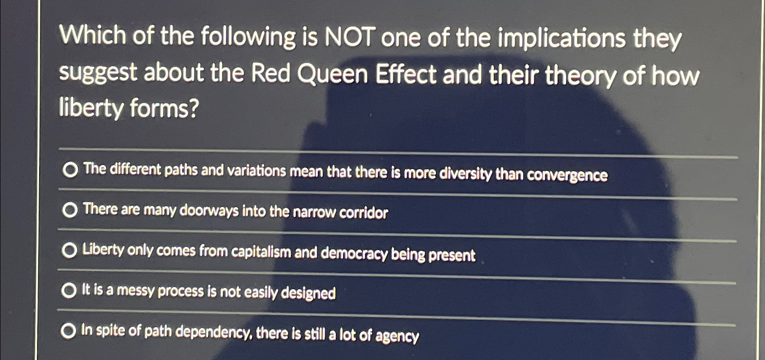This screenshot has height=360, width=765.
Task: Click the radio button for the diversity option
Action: click(70, 170)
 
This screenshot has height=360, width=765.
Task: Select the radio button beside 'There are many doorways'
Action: click(70, 210)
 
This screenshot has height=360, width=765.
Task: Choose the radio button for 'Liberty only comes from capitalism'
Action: click(69, 250)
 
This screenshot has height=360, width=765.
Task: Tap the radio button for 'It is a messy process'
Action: click(68, 290)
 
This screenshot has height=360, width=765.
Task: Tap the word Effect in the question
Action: click(406, 75)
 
